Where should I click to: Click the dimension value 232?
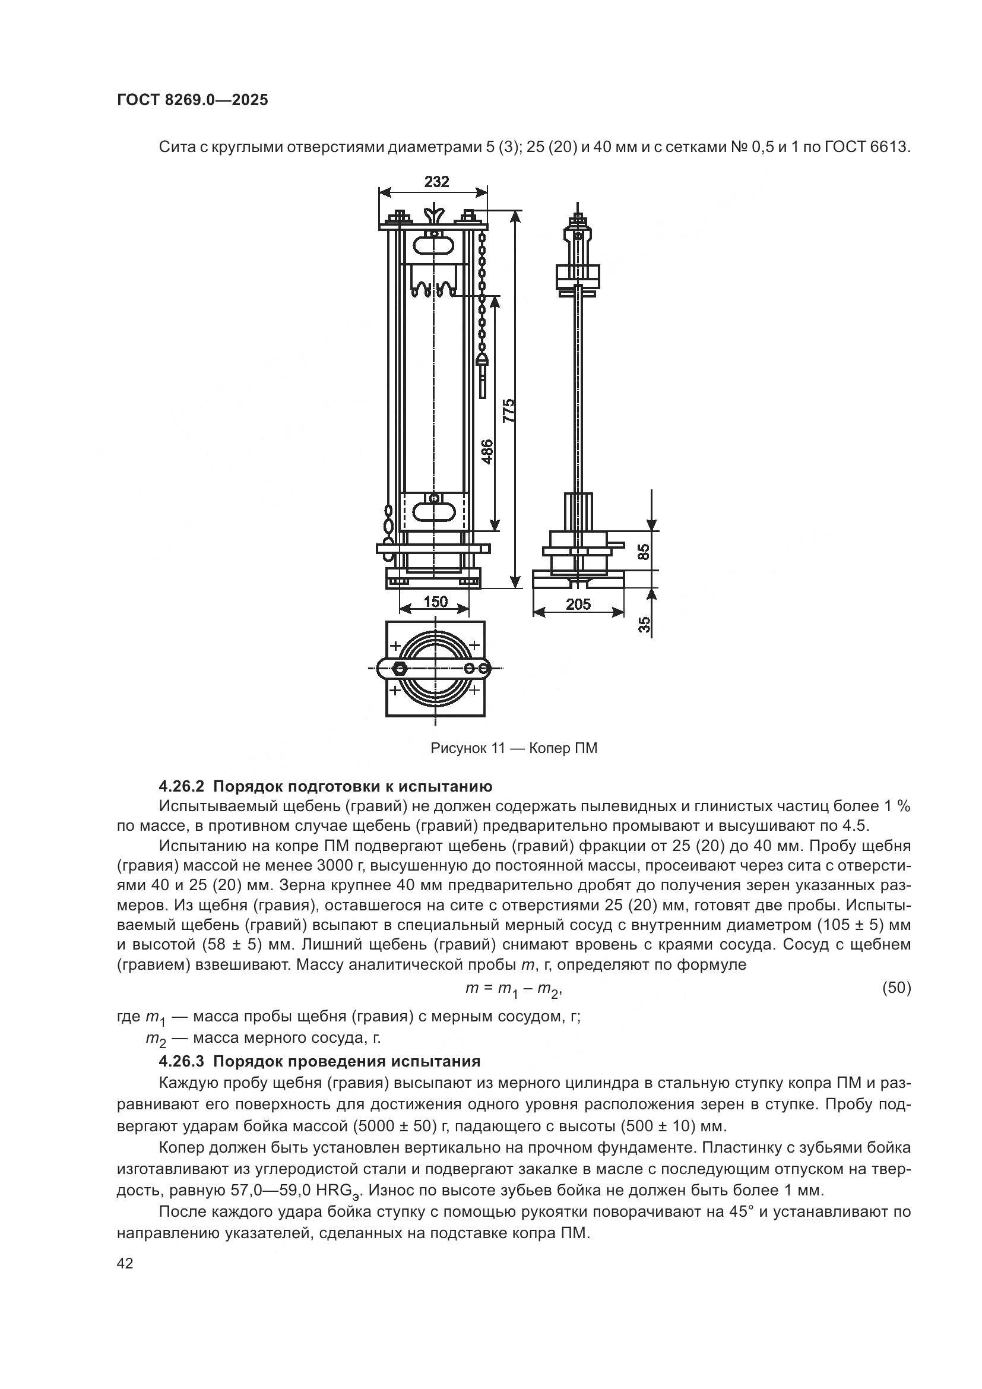(x=436, y=182)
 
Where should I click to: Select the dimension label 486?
(x=487, y=451)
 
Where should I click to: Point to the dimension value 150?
(x=435, y=602)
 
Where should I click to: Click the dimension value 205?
(x=578, y=604)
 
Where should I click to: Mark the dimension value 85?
(x=644, y=551)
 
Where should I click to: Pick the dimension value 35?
(x=645, y=625)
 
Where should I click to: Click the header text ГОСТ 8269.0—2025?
(x=192, y=100)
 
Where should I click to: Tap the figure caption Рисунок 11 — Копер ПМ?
(x=514, y=748)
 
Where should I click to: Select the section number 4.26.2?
(x=182, y=786)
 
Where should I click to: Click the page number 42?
(x=125, y=1264)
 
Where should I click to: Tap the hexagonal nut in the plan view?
(x=399, y=669)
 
